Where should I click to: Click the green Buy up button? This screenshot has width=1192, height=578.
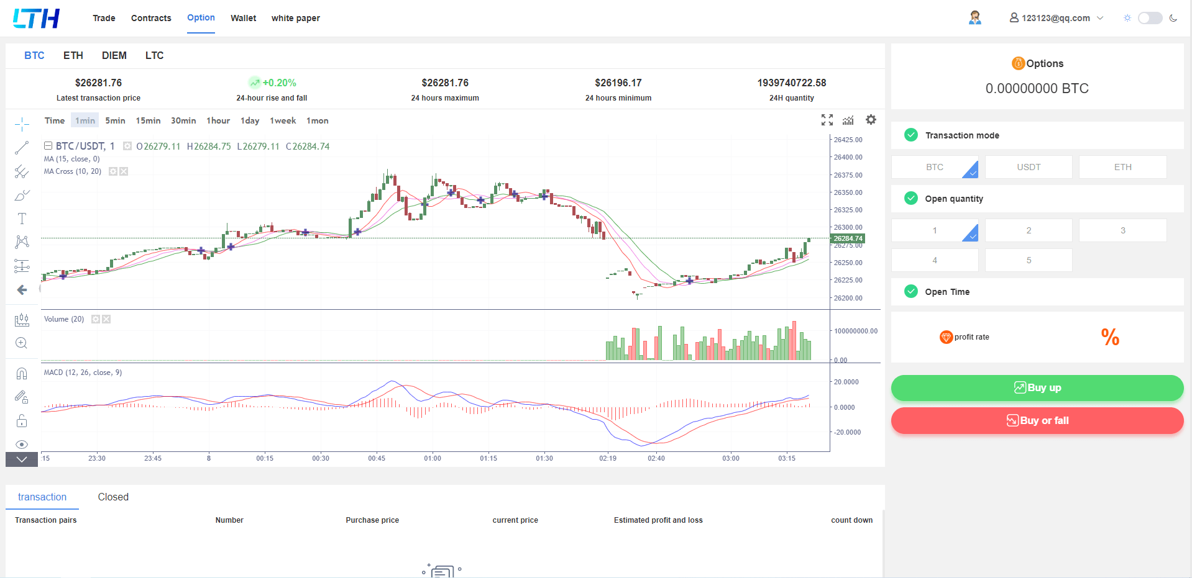pyautogui.click(x=1037, y=388)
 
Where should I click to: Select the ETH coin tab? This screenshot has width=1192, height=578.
pyautogui.click(x=73, y=56)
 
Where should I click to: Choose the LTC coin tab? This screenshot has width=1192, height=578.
pyautogui.click(x=154, y=56)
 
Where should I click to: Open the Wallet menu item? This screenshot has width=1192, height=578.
pyautogui.click(x=243, y=18)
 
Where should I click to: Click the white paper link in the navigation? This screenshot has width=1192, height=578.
pyautogui.click(x=295, y=18)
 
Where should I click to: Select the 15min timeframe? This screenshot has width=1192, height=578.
pyautogui.click(x=148, y=120)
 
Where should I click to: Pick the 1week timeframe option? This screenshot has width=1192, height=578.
pyautogui.click(x=283, y=120)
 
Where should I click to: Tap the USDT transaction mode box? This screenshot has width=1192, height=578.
pyautogui.click(x=1029, y=167)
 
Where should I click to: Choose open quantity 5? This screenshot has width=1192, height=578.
pyautogui.click(x=1029, y=260)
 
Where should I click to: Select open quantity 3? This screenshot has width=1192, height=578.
pyautogui.click(x=1122, y=230)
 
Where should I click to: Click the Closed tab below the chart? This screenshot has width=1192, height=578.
pyautogui.click(x=113, y=497)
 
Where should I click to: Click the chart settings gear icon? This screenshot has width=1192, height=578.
pyautogui.click(x=871, y=120)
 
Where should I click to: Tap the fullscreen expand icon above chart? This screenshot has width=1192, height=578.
pyautogui.click(x=827, y=120)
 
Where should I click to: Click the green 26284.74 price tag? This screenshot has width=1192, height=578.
pyautogui.click(x=848, y=238)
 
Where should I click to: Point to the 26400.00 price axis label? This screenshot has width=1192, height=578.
pyautogui.click(x=848, y=158)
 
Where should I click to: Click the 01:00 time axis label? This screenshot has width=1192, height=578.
pyautogui.click(x=433, y=458)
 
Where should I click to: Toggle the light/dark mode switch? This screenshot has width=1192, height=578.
pyautogui.click(x=1150, y=18)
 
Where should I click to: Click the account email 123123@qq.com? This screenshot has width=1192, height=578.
pyautogui.click(x=1055, y=18)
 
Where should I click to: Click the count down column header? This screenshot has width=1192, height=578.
pyautogui.click(x=851, y=520)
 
